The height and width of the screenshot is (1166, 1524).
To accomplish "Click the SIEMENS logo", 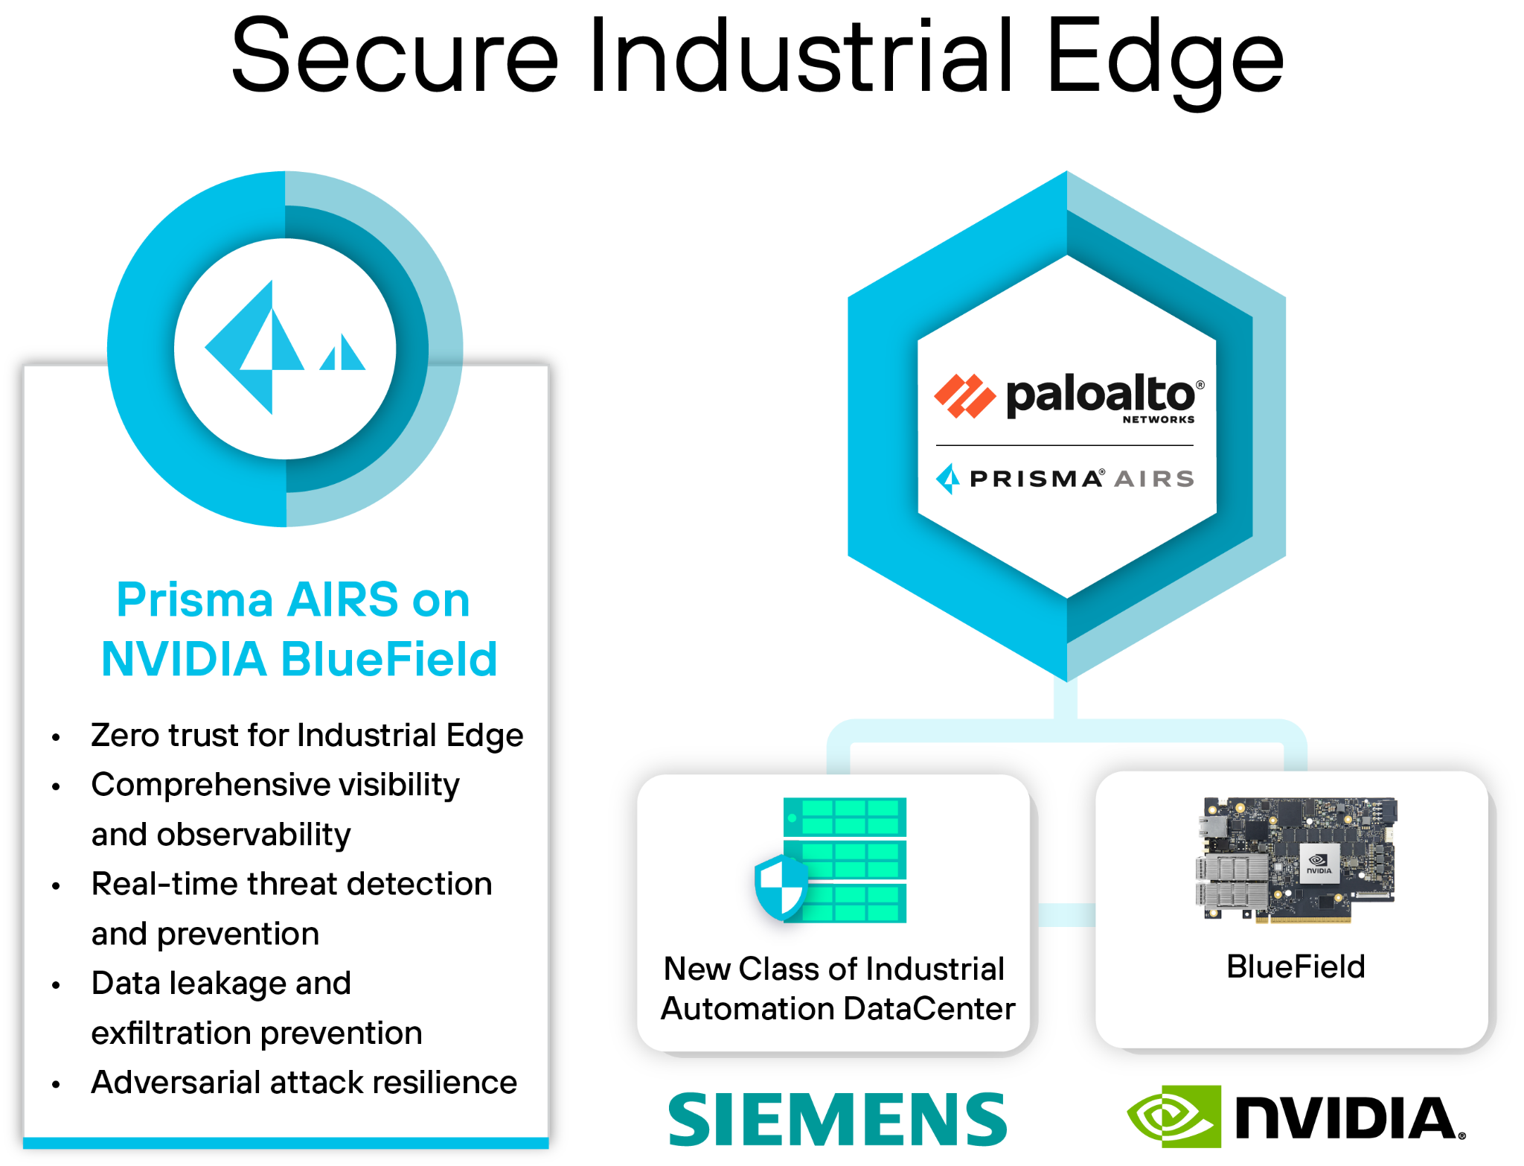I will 837,1119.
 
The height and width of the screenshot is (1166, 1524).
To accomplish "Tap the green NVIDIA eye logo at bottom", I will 1174,1116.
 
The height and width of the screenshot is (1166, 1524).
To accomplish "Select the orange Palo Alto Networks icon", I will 964,396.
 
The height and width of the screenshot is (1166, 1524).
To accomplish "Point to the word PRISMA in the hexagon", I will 1036,479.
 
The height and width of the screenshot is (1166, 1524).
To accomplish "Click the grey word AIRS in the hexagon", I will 1154,479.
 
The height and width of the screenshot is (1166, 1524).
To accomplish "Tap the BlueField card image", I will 1296,860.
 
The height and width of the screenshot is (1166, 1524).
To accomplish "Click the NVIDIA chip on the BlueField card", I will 1319,864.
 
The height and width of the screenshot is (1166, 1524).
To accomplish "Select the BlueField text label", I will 1296,967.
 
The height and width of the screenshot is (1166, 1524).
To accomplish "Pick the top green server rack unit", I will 845,817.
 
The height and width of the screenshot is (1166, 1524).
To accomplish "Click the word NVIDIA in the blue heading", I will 184,660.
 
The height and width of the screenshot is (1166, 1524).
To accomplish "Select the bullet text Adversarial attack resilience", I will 304,1083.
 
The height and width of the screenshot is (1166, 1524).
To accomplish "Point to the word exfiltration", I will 170,1033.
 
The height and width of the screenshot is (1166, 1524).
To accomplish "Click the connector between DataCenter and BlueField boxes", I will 1066,915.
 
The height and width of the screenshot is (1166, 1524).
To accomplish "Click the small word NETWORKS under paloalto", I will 1158,420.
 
